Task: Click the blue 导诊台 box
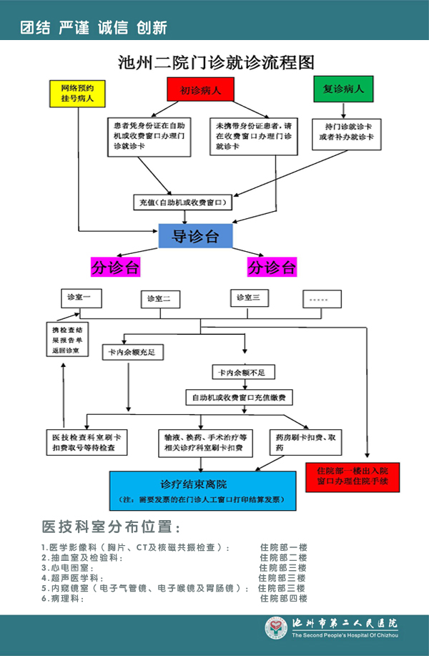click(195, 235)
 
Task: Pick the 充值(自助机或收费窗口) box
click(182, 203)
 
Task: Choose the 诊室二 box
click(158, 298)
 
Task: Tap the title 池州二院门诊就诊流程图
click(216, 62)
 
